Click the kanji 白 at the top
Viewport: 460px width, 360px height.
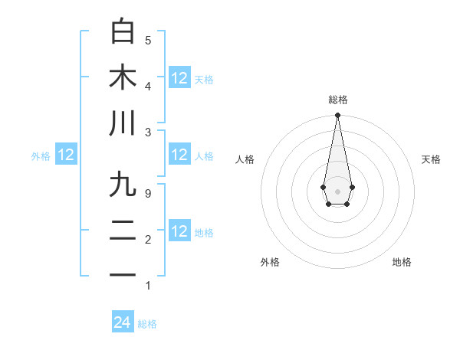coord(123,31)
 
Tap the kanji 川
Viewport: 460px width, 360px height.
coord(123,123)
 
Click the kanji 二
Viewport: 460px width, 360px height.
coord(123,231)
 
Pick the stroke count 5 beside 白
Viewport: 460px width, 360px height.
coord(148,40)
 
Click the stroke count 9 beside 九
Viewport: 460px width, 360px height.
coord(148,193)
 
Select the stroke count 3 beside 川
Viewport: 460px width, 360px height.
coord(148,132)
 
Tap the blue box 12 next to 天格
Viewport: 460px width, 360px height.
coord(179,77)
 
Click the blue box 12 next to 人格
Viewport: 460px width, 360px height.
coord(179,155)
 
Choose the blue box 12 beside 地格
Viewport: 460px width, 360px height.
coord(179,231)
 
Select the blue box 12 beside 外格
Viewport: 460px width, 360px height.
coord(66,155)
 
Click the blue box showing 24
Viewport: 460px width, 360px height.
coord(123,322)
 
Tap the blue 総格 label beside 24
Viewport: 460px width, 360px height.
coord(147,324)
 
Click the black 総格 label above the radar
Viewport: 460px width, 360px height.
coord(337,100)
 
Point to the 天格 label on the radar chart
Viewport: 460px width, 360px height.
coord(431,159)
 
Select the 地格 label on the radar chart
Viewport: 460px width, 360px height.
coord(402,262)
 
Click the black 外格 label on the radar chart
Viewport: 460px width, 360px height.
coord(270,262)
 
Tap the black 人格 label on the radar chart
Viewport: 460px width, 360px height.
coord(245,159)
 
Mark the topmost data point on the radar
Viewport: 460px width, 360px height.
coord(337,116)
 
